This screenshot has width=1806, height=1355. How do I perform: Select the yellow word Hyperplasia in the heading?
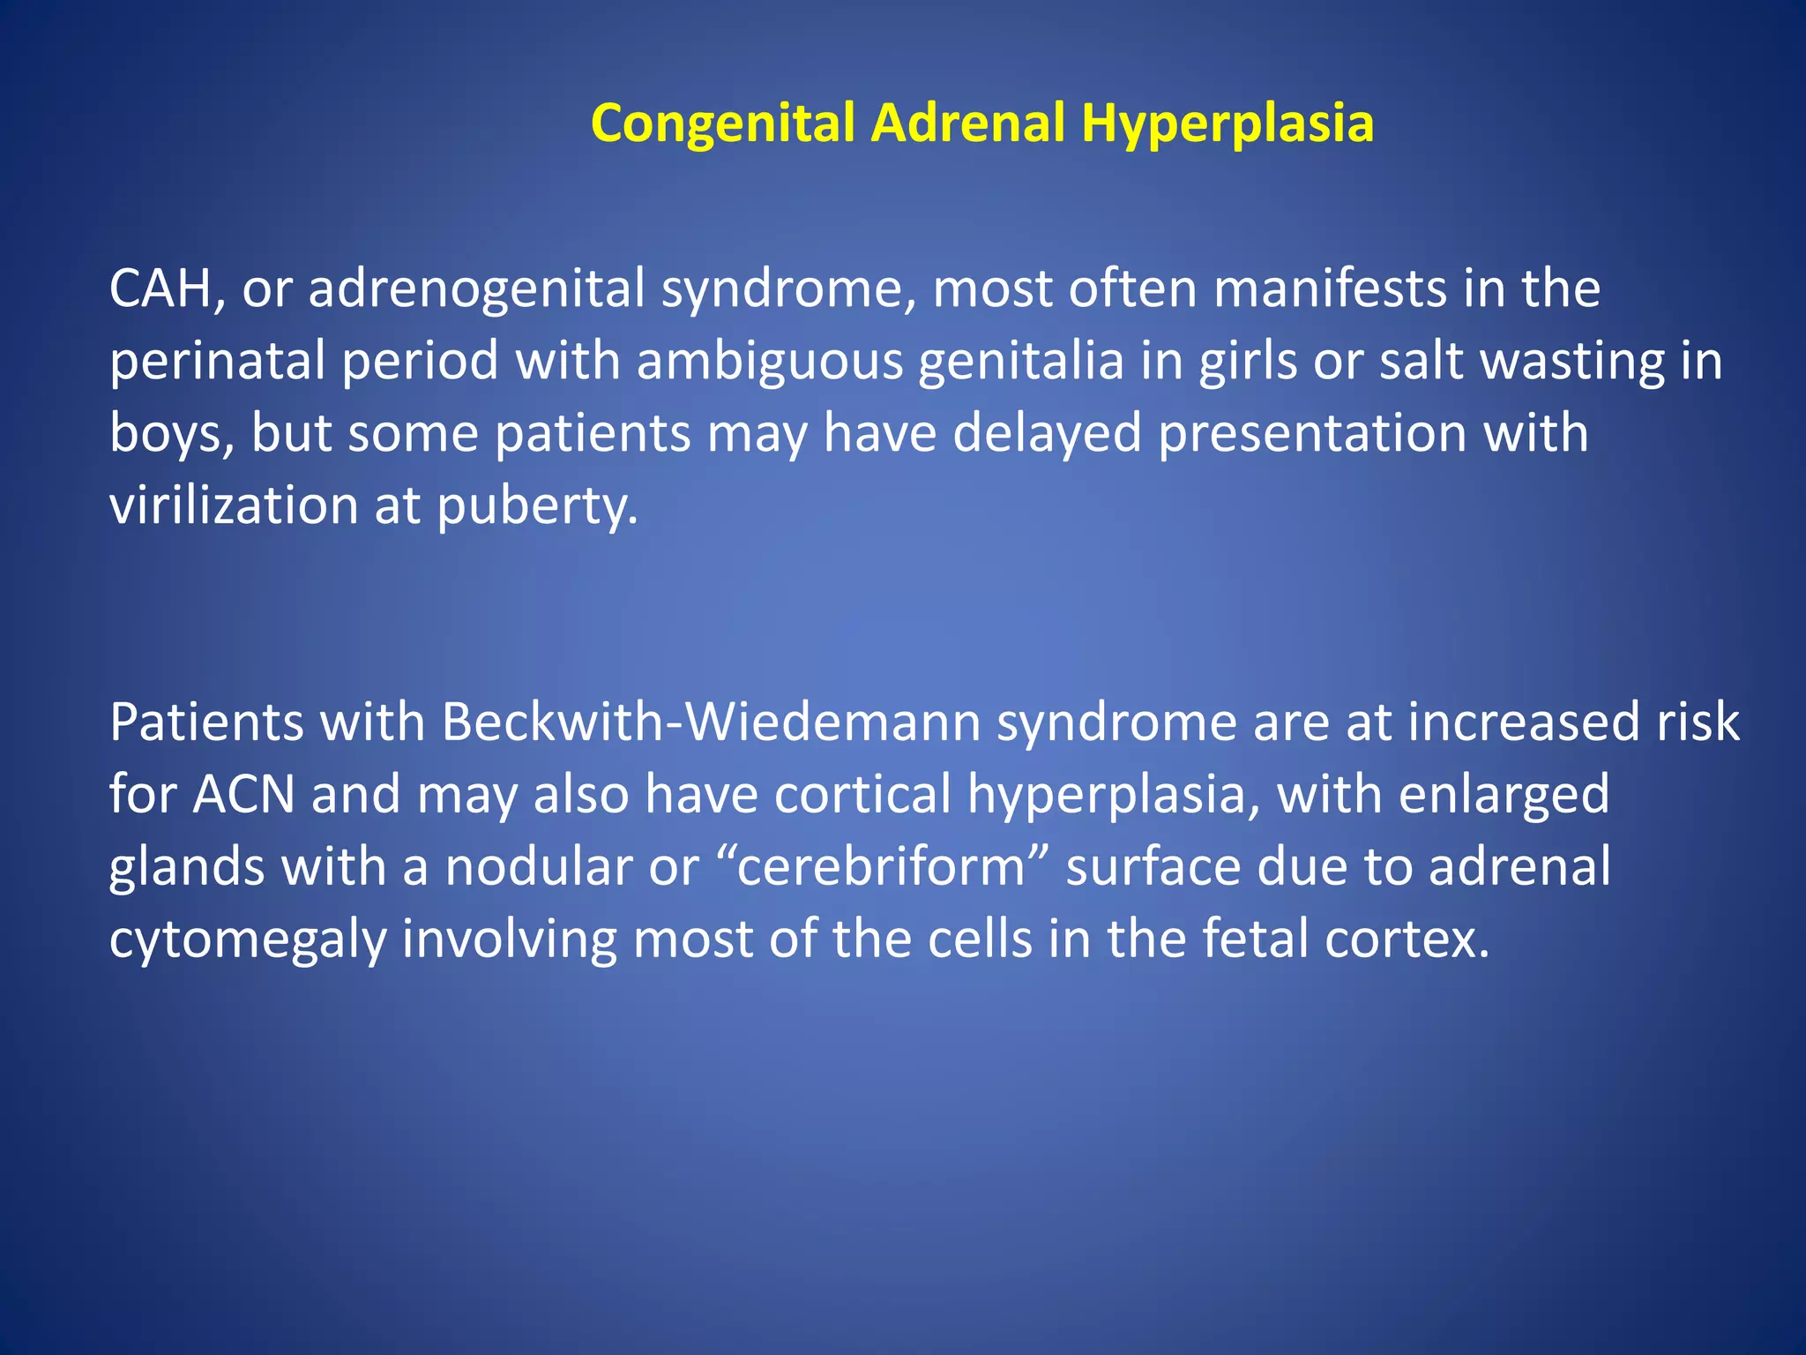click(1227, 124)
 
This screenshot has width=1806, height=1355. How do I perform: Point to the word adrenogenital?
click(476, 289)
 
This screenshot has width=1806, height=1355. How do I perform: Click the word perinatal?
click(217, 362)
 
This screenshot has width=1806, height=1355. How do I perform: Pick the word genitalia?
click(1021, 362)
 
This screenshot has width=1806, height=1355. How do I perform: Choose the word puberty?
click(536, 506)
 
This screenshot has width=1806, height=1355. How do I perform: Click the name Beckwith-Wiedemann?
click(711, 722)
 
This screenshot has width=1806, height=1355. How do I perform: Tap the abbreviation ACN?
click(244, 795)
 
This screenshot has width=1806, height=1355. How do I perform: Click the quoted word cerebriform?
click(881, 867)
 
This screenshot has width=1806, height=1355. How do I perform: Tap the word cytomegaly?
click(248, 940)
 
